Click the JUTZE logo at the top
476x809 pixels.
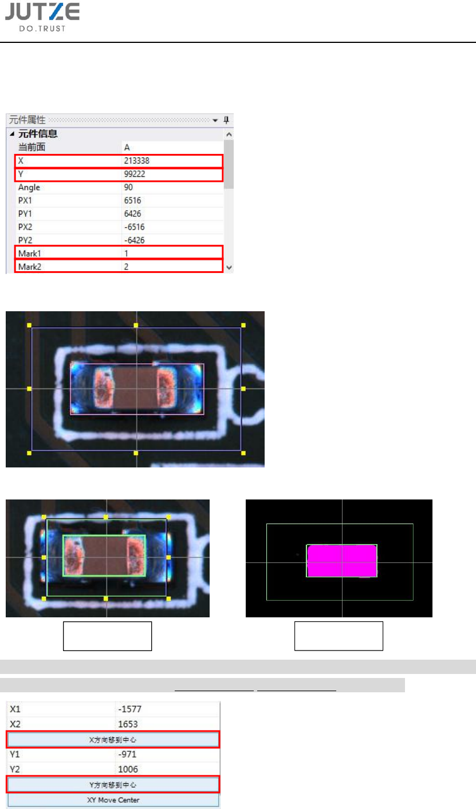[42, 17]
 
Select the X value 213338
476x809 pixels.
[137, 161]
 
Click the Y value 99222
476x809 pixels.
[135, 174]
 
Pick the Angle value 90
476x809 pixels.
[128, 187]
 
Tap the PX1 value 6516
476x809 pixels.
[132, 200]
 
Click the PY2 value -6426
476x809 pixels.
[134, 240]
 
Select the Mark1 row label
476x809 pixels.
[30, 253]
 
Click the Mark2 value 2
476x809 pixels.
[126, 267]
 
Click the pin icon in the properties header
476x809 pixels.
[226, 120]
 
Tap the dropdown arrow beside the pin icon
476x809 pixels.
[215, 120]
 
